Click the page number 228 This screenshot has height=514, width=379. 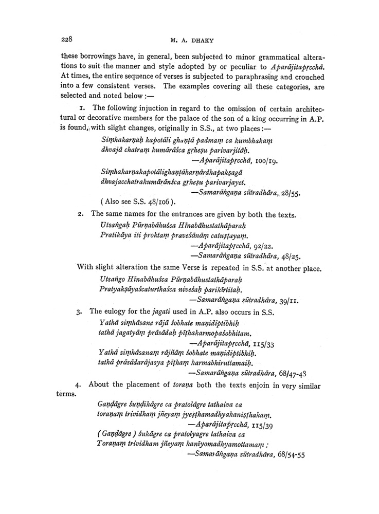pyautogui.click(x=68, y=39)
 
